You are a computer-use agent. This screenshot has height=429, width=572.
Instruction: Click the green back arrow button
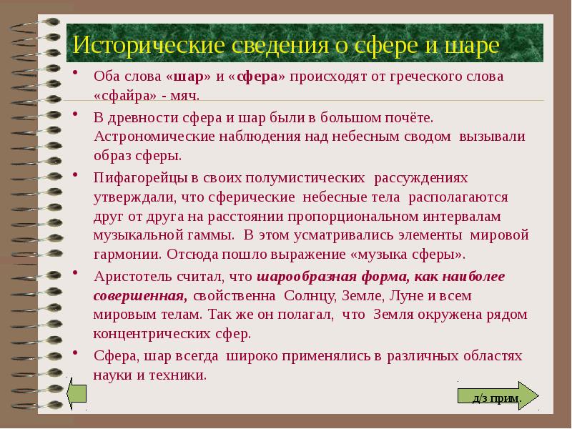76,395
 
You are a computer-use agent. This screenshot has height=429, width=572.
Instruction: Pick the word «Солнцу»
312,295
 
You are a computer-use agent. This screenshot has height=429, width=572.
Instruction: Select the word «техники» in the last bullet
182,374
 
